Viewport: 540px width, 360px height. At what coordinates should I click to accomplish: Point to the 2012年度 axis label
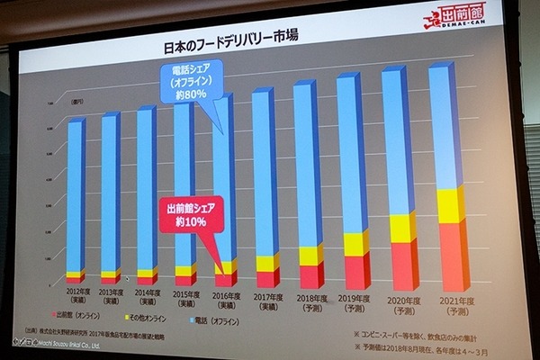point(77,295)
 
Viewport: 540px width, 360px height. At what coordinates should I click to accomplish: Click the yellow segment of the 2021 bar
point(451,206)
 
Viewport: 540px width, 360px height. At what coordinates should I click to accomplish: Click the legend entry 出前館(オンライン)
point(76,316)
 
